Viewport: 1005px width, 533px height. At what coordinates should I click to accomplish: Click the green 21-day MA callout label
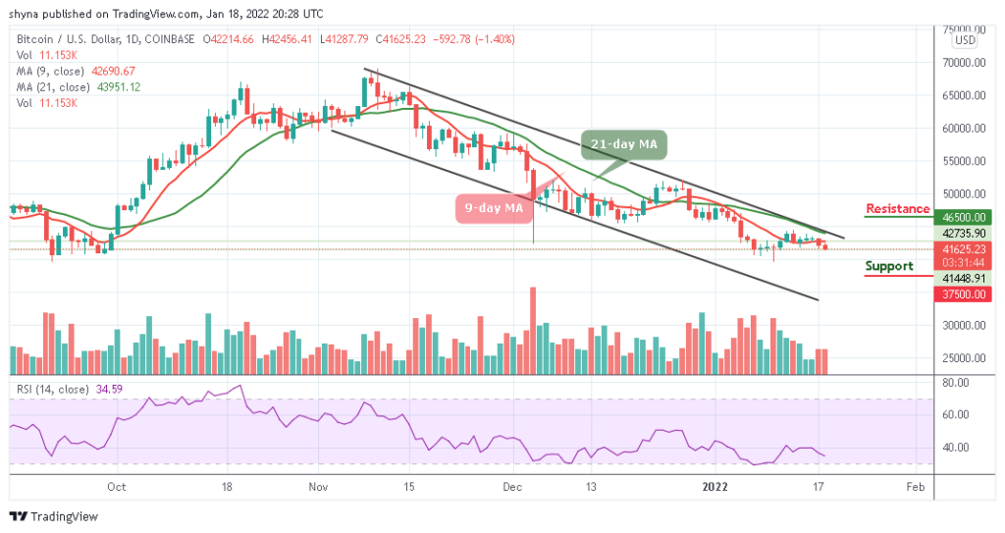[623, 145]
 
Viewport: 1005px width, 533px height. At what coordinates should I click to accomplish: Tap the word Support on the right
[889, 266]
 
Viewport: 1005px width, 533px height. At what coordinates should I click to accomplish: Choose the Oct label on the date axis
[116, 485]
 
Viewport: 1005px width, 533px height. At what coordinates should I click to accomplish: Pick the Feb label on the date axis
[915, 485]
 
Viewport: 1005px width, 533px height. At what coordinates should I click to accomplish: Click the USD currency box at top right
[965, 40]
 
